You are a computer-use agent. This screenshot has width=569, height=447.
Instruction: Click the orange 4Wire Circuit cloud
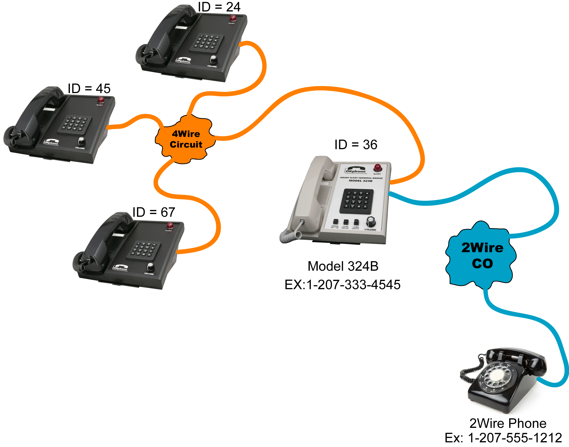186,139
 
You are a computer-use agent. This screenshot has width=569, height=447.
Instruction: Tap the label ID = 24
219,7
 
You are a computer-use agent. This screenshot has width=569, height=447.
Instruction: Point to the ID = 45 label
89,89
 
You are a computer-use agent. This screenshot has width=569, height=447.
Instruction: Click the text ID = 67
154,212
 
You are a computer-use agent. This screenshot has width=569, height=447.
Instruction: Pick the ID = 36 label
356,145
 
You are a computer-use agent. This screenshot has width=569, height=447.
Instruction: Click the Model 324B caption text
343,266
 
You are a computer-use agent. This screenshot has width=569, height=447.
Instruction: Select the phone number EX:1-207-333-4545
342,285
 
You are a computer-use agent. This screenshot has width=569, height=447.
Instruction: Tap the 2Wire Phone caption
508,423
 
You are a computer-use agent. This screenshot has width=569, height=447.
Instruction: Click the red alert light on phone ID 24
233,18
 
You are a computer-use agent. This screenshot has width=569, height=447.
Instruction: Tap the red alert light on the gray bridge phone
378,168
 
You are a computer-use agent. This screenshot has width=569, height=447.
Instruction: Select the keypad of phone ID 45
74,125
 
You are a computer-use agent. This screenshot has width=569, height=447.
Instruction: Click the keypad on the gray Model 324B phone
356,201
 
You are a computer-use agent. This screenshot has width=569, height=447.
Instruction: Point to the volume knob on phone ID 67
150,267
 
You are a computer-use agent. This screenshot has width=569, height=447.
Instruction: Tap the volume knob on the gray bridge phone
371,221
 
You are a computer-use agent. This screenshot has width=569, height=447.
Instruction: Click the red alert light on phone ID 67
170,225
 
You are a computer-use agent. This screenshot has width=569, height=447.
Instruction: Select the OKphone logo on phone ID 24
183,61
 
